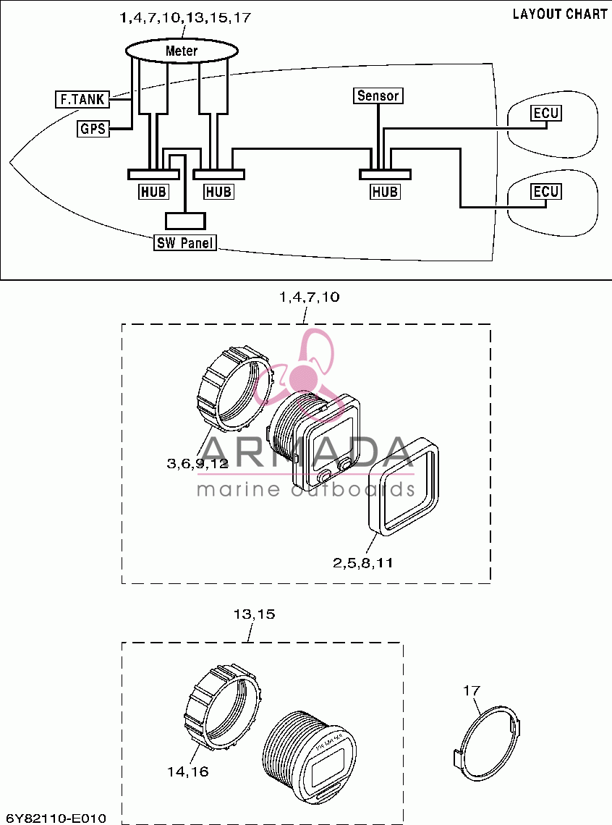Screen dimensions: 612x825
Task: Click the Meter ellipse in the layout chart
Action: (x=182, y=51)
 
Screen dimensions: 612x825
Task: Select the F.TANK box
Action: (x=82, y=99)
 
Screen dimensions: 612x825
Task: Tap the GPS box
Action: (x=93, y=128)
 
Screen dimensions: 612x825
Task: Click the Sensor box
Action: (x=378, y=96)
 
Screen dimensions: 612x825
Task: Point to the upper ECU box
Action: (x=545, y=113)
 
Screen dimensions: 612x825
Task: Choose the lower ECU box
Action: (x=545, y=191)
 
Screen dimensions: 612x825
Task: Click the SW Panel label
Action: (x=186, y=242)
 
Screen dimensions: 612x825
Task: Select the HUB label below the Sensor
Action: (x=385, y=192)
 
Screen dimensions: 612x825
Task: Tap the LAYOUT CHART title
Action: (x=560, y=14)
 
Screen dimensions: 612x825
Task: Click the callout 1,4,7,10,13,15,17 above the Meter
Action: (x=186, y=18)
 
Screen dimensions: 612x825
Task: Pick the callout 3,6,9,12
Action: (x=197, y=464)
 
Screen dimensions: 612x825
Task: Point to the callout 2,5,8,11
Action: (x=362, y=562)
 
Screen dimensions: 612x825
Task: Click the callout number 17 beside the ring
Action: (x=472, y=690)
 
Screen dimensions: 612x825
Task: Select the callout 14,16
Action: (x=187, y=772)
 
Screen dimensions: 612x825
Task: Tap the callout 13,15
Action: (x=254, y=614)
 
